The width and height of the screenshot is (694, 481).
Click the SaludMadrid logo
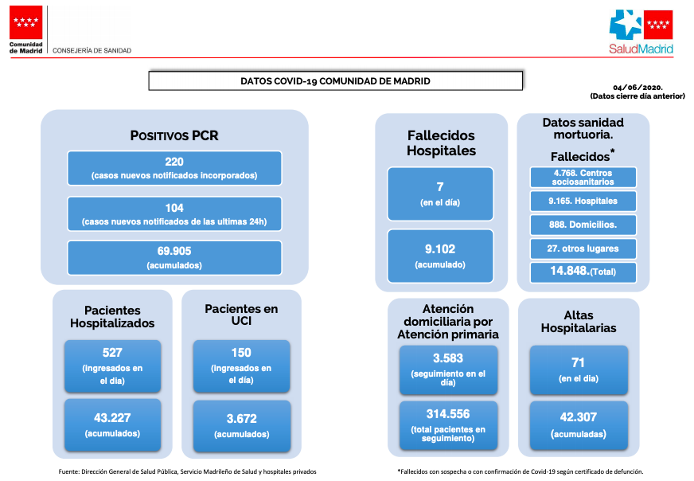[641, 32]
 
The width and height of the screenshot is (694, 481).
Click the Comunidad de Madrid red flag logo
[25, 22]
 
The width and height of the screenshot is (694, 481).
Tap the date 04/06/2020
[637, 88]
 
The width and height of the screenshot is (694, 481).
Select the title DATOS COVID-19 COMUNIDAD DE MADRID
[335, 81]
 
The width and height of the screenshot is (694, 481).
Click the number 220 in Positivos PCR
[174, 162]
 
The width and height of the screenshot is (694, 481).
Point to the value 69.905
[174, 251]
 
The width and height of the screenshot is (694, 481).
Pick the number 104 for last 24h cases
[174, 208]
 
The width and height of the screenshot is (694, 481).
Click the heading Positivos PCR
[174, 135]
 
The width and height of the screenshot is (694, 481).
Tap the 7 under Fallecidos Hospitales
[440, 187]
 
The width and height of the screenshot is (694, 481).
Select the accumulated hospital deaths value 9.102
[440, 249]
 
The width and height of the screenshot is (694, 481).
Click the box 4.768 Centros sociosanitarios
[583, 177]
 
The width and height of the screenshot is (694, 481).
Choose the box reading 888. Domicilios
[583, 225]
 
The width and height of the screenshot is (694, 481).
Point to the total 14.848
[569, 271]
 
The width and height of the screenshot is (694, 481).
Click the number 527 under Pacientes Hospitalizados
[112, 353]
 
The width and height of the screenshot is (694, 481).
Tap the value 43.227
[112, 417]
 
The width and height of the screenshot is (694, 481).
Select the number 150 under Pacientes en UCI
[241, 353]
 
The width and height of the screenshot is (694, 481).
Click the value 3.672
[242, 419]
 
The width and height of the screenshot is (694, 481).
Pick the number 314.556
[448, 414]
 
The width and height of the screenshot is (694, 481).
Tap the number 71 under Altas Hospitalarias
[578, 363]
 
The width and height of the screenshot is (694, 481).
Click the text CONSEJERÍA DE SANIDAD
[92, 50]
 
